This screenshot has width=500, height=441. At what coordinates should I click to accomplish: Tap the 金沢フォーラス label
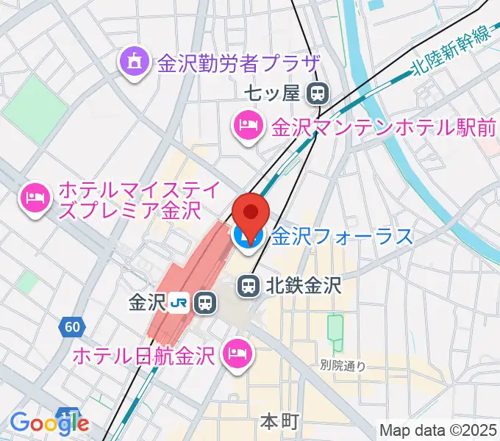342,237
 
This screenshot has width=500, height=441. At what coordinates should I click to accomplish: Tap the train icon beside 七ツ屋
318,93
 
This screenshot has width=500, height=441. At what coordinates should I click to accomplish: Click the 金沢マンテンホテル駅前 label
384,127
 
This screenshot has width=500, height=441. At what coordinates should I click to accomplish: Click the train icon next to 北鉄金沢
248,284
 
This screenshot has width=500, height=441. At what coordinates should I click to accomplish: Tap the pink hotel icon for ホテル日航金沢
238,354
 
